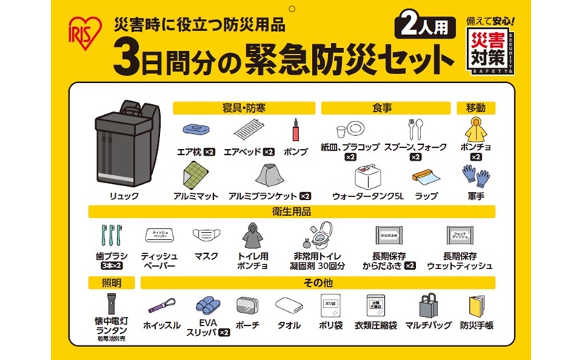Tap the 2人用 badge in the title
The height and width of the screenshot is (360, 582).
click(426, 25)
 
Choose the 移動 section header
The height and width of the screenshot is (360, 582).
click(475, 108)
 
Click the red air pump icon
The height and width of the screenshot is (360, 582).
click(296, 130)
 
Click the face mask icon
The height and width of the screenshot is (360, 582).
click(205, 235)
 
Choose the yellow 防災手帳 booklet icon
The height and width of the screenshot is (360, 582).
click(477, 304)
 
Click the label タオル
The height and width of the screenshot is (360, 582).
click(288, 325)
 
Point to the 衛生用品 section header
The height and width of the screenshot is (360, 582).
click(291, 212)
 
